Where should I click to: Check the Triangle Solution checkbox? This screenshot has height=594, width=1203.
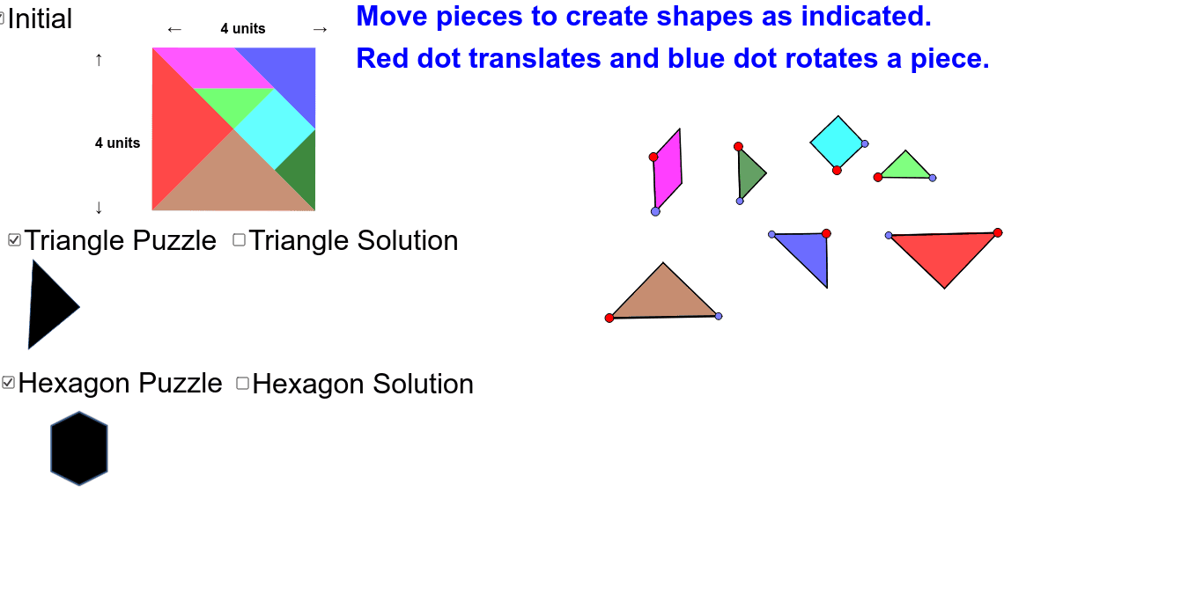coord(239,240)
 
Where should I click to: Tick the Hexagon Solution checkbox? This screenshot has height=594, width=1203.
coord(243,383)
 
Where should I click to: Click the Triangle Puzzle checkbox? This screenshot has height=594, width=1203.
coord(14,240)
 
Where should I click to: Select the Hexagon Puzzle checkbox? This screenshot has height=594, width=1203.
coord(8,383)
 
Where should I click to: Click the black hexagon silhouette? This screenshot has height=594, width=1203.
coord(79,449)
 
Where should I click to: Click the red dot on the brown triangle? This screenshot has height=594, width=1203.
coord(609,319)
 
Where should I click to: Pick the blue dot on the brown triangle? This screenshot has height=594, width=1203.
coord(719,316)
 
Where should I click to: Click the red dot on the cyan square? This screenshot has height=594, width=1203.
coord(837,171)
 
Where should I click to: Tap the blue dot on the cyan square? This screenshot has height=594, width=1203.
coord(865,143)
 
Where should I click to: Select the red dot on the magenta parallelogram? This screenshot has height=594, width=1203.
coord(653,158)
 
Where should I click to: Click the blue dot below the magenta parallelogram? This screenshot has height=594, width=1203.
coord(655,212)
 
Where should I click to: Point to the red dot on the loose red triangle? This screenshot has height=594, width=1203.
coord(998,233)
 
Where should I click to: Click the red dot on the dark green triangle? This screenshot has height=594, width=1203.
coord(739,146)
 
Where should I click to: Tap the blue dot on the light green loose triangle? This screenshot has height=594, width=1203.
coord(933,178)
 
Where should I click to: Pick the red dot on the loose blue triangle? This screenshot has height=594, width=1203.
coord(827,233)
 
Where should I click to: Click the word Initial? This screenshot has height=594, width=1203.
coord(40,18)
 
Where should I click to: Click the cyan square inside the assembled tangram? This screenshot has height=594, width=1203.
coord(275,128)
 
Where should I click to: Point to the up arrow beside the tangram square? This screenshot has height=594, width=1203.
coord(99,60)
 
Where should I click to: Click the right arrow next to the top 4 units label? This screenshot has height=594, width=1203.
coord(320,30)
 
